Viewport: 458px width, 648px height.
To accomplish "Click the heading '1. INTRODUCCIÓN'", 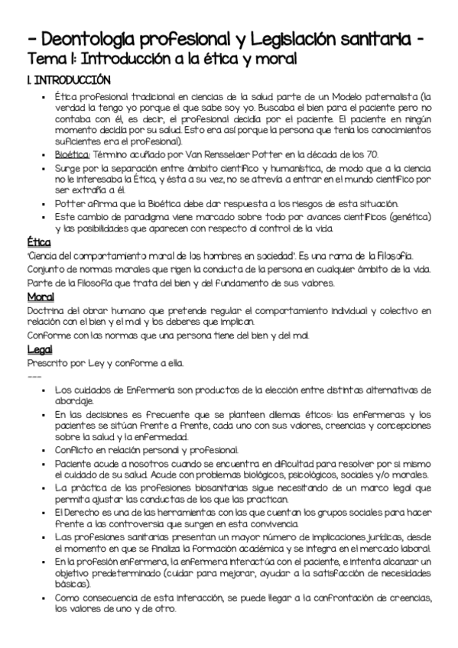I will pyautogui.click(x=68, y=79).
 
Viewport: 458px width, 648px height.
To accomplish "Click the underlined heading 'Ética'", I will pyautogui.click(x=38, y=242).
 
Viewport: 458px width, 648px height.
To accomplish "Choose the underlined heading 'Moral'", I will pyautogui.click(x=41, y=296).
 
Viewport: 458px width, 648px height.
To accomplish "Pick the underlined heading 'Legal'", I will pyautogui.click(x=39, y=349).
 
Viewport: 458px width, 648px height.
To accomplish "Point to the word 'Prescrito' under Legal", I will pyautogui.click(x=47, y=362).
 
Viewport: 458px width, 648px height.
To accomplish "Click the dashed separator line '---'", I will pyautogui.click(x=34, y=375).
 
